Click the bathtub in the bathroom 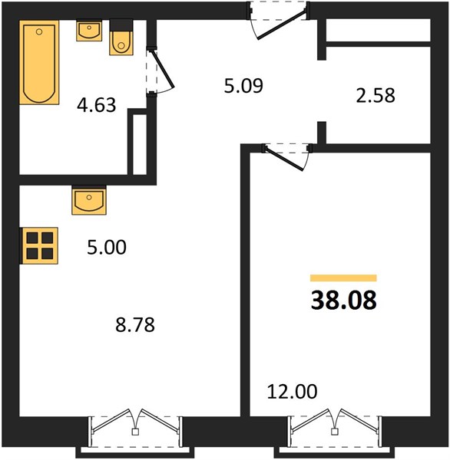point(39,62)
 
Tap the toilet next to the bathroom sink point(121,38)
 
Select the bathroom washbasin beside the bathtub point(89,31)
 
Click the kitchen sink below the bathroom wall point(89,200)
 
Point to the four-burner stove point(39,246)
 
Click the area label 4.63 point(97,105)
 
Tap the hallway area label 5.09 point(243,86)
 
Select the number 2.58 point(376,96)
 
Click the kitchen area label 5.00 point(107,247)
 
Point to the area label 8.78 point(135,325)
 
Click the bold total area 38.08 point(343,300)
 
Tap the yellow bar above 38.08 point(343,278)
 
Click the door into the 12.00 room point(284,158)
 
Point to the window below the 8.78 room point(135,431)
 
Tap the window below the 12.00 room point(334,431)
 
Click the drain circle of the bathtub point(39,32)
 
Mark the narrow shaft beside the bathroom point(140,144)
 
